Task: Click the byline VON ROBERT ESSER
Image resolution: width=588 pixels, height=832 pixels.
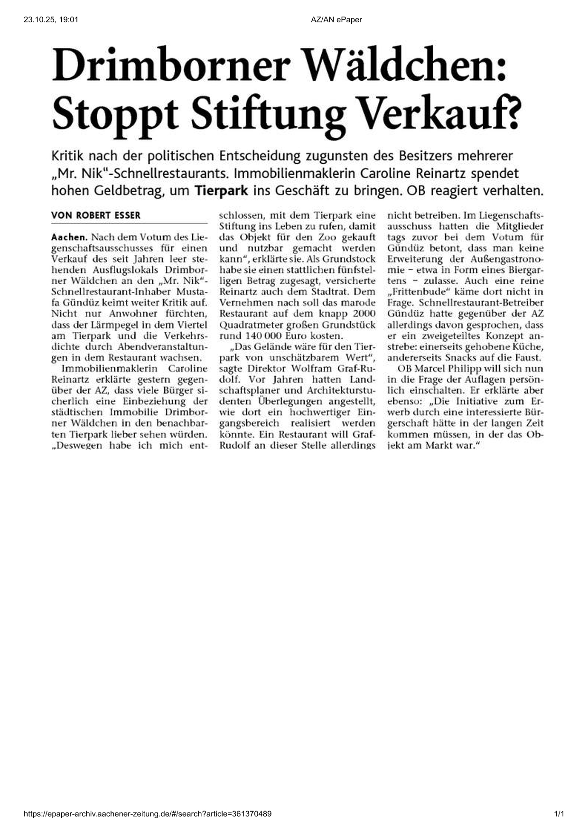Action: (x=96, y=215)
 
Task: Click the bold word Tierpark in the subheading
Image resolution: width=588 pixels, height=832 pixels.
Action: (x=221, y=191)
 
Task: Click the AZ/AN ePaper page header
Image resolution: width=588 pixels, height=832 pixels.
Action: (x=336, y=19)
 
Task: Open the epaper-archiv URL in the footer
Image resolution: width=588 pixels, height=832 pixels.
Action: (x=148, y=814)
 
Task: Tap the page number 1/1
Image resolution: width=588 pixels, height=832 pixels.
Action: (x=559, y=814)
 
